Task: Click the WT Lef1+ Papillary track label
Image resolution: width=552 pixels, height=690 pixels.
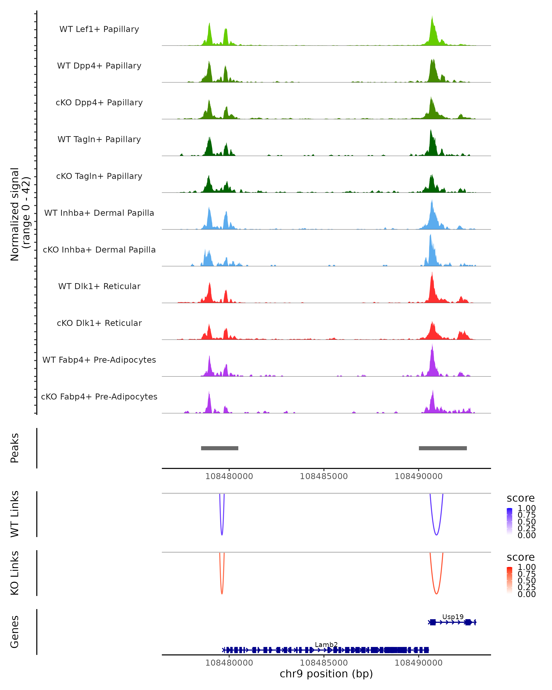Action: point(99,29)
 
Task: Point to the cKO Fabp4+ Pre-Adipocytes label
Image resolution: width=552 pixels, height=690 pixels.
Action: point(99,397)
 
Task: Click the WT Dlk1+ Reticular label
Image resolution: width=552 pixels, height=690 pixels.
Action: point(99,286)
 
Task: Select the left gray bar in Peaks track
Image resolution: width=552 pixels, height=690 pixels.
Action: point(219,448)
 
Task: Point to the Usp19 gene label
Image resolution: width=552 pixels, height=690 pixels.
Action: point(453,617)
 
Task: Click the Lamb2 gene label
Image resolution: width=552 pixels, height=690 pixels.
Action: point(326,644)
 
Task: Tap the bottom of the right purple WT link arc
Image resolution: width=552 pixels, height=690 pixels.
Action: point(436,535)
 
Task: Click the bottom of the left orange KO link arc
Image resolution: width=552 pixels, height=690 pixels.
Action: point(222,593)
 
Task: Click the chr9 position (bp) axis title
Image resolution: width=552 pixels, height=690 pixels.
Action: point(326,674)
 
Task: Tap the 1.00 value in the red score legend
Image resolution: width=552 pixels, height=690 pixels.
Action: point(526,567)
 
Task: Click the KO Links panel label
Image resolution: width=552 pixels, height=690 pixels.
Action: point(15,573)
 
